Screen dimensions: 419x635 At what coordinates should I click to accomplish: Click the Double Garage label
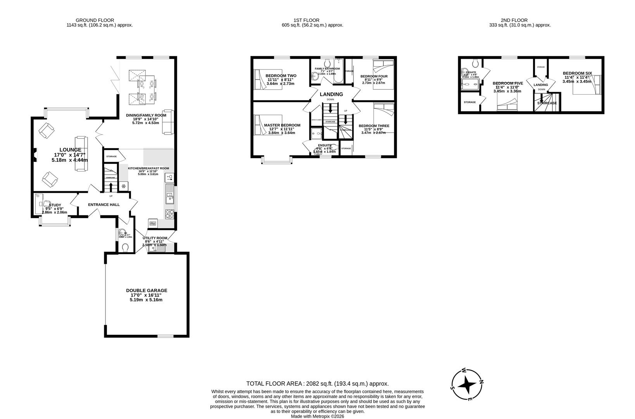tap(147, 290)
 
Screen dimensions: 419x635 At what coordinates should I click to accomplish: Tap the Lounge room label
tap(70, 150)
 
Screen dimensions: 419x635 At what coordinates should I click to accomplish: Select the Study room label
tap(55, 205)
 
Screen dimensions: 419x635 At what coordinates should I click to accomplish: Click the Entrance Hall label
tap(104, 204)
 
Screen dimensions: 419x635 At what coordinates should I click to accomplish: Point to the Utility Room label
tap(155, 238)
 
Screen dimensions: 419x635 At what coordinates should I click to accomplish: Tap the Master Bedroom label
tap(282, 125)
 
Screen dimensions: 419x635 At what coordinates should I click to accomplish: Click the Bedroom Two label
tap(281, 76)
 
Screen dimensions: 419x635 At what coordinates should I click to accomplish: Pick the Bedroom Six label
tap(577, 73)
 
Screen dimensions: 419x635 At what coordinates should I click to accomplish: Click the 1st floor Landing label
tap(331, 94)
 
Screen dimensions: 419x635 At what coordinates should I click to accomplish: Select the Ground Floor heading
tap(95, 20)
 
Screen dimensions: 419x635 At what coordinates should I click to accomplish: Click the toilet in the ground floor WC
tap(125, 247)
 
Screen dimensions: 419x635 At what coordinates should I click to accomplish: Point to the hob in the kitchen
tap(170, 214)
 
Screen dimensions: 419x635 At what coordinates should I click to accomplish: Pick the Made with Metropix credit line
tap(317, 416)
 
